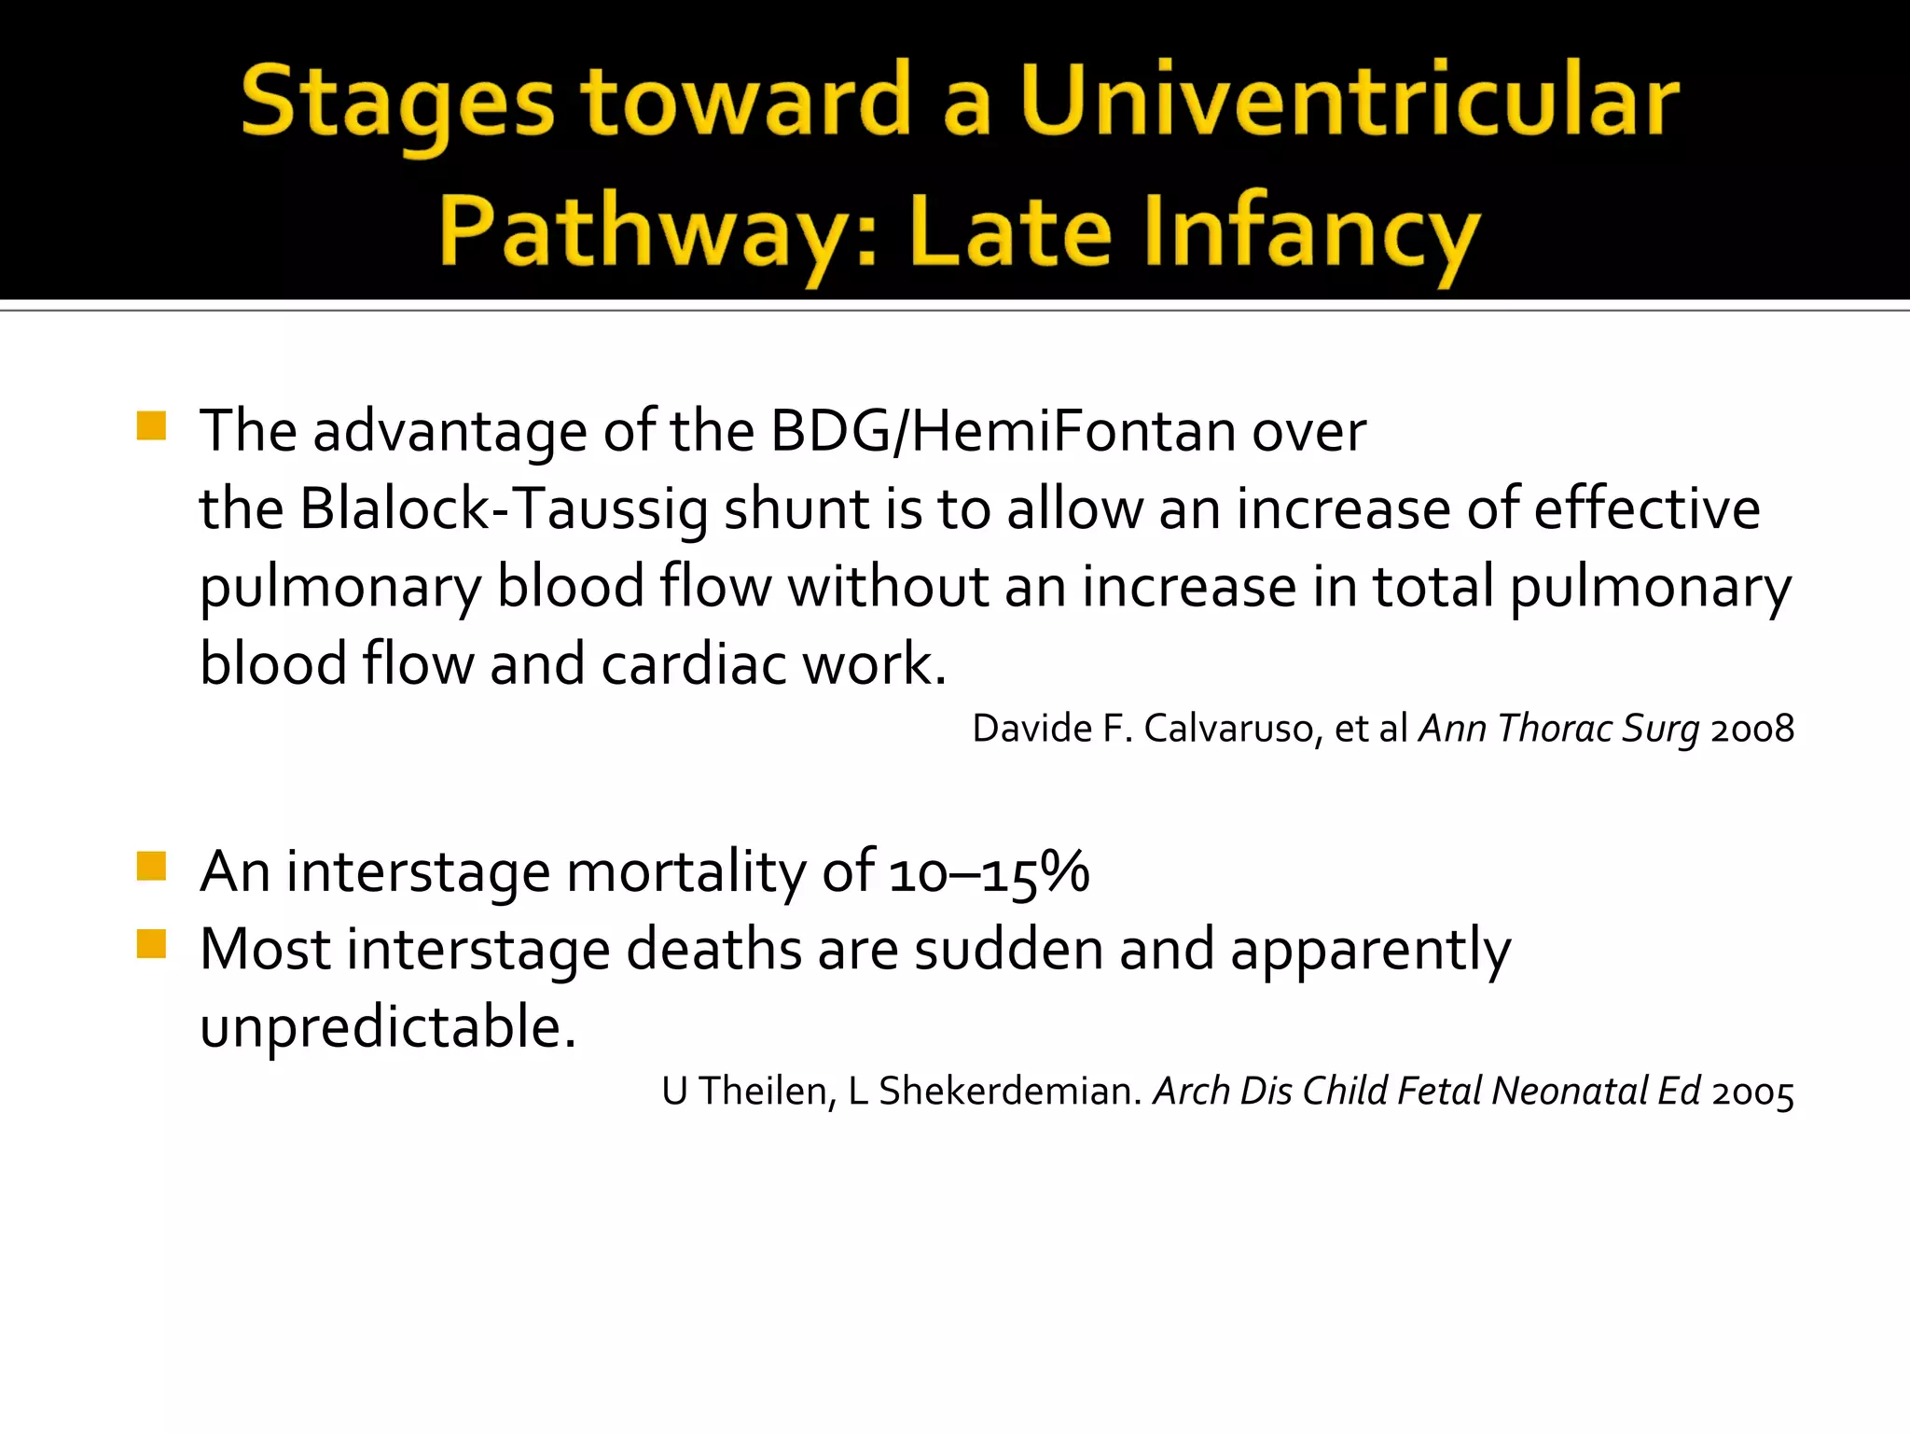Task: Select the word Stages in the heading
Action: coord(397,103)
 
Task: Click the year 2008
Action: coord(1752,729)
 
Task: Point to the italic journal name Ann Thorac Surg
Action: coord(1558,729)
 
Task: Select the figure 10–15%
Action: coord(989,872)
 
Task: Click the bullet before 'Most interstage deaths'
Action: coord(151,944)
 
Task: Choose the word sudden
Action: coord(1008,949)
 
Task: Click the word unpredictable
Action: coord(387,1027)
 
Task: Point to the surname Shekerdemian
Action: coord(1010,1091)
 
